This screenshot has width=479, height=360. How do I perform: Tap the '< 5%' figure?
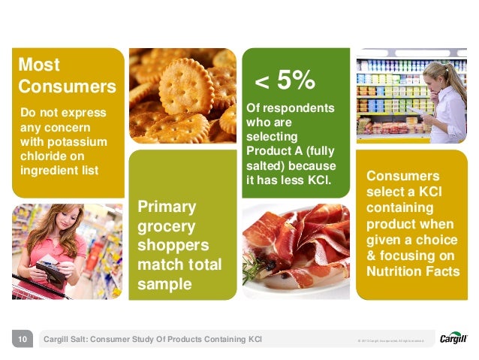pos(285,80)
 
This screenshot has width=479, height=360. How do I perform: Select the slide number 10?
pos(23,340)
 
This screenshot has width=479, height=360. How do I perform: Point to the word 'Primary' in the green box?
pos(167,207)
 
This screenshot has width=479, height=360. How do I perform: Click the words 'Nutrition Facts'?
pos(412,271)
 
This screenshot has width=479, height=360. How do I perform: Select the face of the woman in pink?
pos(59,225)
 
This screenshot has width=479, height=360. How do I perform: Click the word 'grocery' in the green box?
pos(167,226)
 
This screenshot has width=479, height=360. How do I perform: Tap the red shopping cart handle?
pos(38,285)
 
